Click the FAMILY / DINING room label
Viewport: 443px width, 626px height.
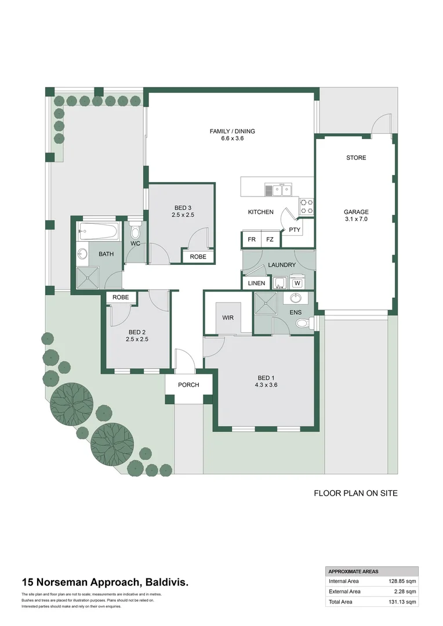pyautogui.click(x=232, y=132)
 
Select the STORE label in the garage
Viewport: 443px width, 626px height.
pyautogui.click(x=355, y=158)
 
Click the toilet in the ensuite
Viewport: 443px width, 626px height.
pyautogui.click(x=302, y=325)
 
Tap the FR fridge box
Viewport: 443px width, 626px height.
pyautogui.click(x=252, y=239)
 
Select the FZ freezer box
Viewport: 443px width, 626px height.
pyautogui.click(x=270, y=239)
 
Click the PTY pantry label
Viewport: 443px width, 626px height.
pyautogui.click(x=295, y=230)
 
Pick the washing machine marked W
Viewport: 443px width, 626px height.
pyautogui.click(x=297, y=283)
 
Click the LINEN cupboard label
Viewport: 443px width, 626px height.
pyautogui.click(x=256, y=283)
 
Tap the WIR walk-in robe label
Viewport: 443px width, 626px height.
pyautogui.click(x=228, y=318)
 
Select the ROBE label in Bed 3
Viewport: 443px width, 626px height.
pyautogui.click(x=198, y=257)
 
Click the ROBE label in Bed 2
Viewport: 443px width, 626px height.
pyautogui.click(x=121, y=297)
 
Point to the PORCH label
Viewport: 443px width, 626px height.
pyautogui.click(x=188, y=385)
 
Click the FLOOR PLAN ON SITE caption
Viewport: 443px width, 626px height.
pyautogui.click(x=355, y=494)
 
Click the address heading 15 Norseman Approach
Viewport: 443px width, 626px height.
pyautogui.click(x=104, y=582)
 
